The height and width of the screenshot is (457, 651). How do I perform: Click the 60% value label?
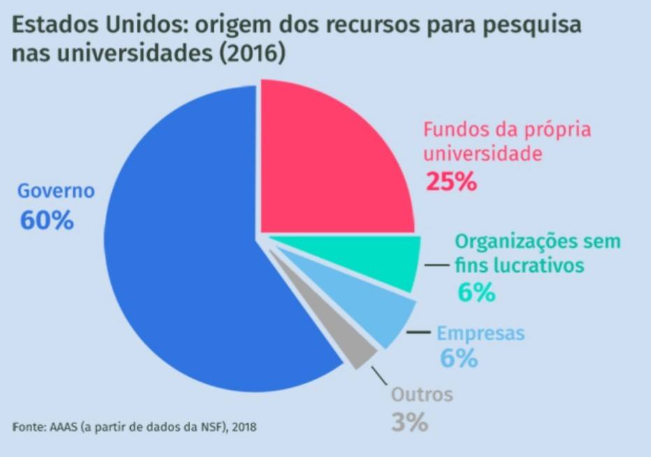click(x=47, y=220)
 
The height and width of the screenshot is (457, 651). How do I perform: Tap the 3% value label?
click(x=408, y=422)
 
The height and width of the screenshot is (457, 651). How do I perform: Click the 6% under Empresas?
click(x=459, y=358)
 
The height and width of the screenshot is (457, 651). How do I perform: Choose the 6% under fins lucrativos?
click(x=477, y=292)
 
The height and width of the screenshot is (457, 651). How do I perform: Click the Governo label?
click(x=55, y=190)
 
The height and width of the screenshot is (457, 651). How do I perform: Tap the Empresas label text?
click(x=480, y=333)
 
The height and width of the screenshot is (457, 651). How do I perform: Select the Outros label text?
click(x=422, y=395)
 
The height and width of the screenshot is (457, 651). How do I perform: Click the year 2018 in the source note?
click(x=245, y=426)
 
